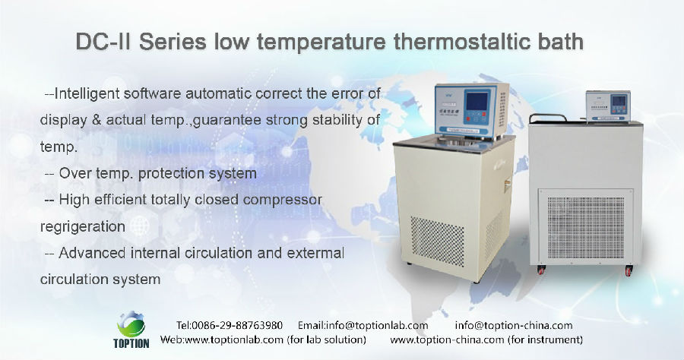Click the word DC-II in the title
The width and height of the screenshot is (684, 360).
click(x=103, y=42)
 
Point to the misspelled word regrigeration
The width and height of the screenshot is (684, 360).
click(x=83, y=226)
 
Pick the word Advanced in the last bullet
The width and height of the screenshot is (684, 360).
click(x=92, y=253)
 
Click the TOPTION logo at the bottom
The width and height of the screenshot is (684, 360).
click(x=131, y=330)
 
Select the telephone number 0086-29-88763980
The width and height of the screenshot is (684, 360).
click(x=237, y=326)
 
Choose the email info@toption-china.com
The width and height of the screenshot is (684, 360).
click(x=514, y=326)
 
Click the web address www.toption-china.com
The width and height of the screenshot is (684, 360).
click(x=447, y=339)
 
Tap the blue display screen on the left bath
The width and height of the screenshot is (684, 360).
click(x=477, y=101)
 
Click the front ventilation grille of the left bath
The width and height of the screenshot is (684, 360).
click(x=438, y=241)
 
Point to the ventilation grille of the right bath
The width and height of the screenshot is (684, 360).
click(x=585, y=228)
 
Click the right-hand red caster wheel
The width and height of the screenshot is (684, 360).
click(x=629, y=270)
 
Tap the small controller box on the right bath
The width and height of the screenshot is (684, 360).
click(x=608, y=106)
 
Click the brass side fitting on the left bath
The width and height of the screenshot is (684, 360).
click(x=506, y=185)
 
